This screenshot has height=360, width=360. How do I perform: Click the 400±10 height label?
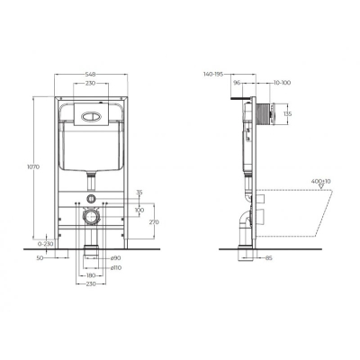click(x=320, y=183)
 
